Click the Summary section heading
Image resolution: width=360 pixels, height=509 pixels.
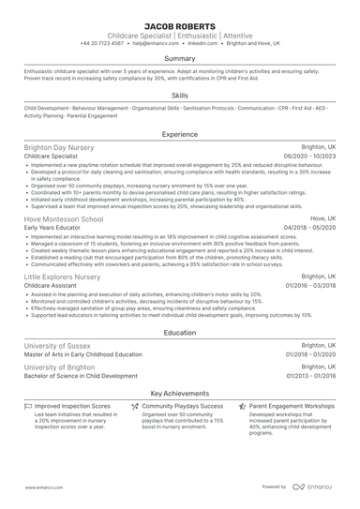179,58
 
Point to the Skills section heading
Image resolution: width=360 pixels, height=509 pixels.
179,96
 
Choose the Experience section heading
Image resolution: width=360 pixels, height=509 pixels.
179,135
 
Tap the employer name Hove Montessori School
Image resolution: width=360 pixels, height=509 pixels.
63,217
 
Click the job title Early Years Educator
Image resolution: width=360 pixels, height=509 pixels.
54,227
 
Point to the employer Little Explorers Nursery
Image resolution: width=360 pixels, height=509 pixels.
62,277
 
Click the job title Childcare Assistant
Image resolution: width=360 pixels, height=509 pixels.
52,287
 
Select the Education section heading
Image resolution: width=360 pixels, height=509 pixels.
179,332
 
